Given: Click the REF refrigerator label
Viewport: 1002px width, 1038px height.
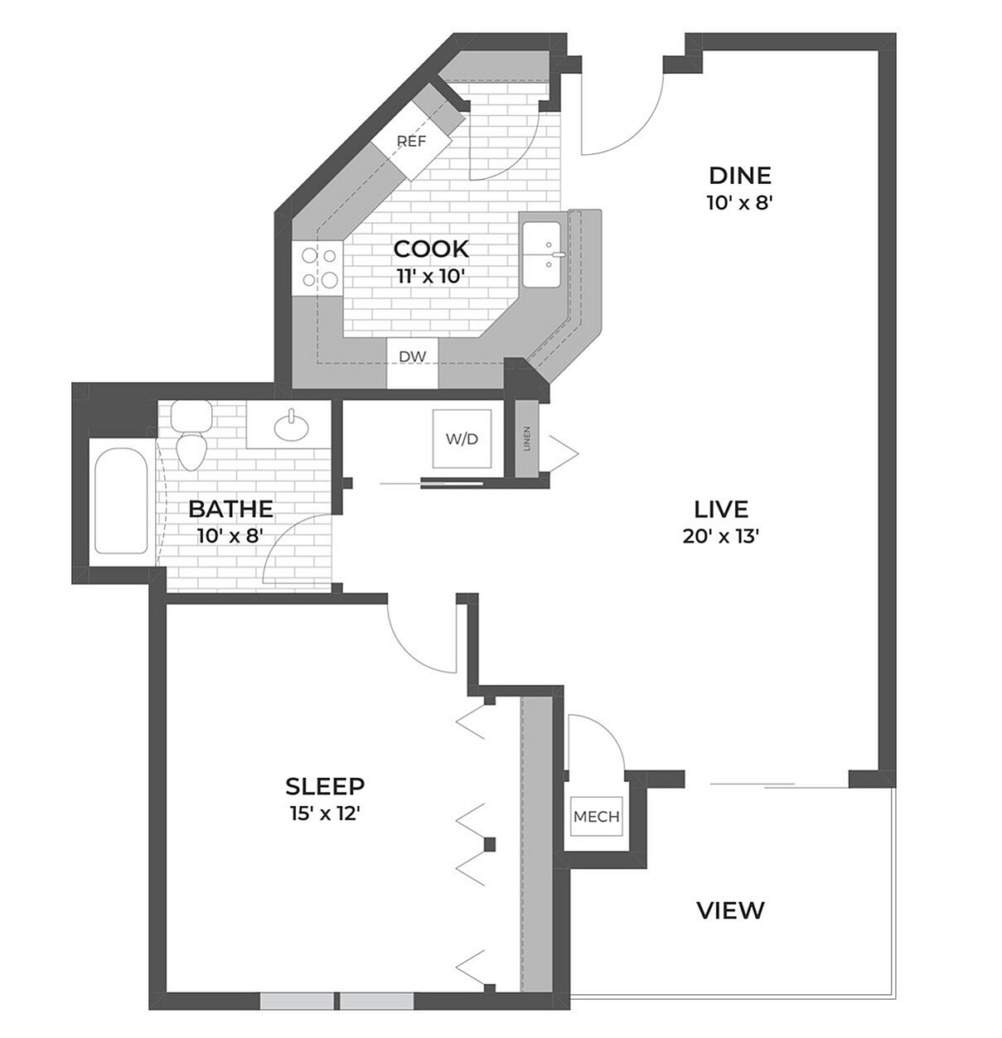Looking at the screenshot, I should pos(411,142).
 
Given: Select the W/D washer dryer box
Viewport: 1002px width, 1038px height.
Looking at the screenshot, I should pos(462,439).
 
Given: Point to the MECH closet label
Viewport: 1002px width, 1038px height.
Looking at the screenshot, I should pos(597,817).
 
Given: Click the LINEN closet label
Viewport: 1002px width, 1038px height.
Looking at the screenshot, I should pos(527,439).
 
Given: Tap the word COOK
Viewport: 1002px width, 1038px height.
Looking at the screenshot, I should pos(431,249).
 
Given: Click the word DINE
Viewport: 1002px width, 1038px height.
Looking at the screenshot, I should pos(740,176).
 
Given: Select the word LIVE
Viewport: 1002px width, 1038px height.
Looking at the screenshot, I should pos(721,509).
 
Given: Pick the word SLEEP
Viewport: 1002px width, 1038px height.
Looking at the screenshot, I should pos(325,785).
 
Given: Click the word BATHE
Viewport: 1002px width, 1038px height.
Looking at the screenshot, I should pos(230,509).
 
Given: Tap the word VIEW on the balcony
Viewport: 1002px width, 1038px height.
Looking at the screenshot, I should pos(730,910).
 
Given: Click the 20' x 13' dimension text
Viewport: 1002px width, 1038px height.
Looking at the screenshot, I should pos(721,536).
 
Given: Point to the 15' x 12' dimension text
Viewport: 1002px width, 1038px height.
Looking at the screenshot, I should pos(325,814).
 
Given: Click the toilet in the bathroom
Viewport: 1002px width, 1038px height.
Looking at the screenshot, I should pos(191,439).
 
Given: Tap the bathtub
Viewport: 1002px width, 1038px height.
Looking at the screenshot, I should pos(121,501).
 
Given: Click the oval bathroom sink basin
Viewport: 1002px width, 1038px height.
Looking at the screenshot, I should pos(292,427).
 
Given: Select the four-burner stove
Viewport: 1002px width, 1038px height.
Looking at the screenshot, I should pos(318,268).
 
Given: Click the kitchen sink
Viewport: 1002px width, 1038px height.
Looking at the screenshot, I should pos(542,253).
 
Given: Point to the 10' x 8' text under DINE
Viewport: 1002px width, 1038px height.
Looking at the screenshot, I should pos(740,203).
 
